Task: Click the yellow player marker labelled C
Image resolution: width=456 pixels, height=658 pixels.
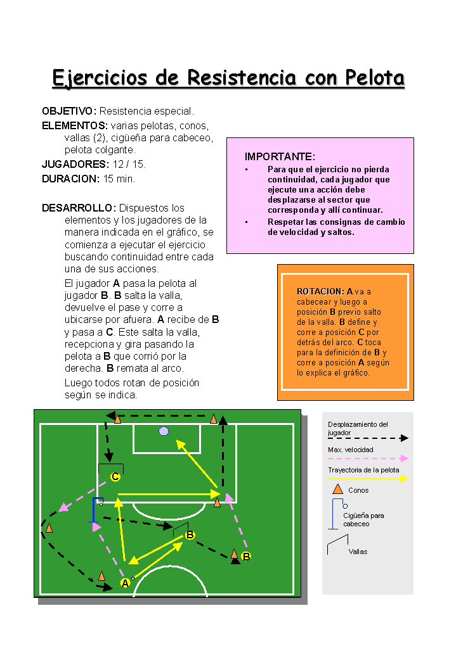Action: point(115,477)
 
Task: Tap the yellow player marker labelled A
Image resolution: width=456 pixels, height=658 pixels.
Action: point(125,583)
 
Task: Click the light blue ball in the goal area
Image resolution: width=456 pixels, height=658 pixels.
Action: point(164,431)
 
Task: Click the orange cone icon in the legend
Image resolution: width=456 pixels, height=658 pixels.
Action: point(337,489)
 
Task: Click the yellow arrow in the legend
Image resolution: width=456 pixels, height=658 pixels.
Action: point(368,479)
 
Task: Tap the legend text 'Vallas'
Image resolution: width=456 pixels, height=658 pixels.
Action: point(358,552)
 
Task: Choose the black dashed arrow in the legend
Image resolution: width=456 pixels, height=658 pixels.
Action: point(368,438)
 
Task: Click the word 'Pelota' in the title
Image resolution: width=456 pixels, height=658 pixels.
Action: point(375,78)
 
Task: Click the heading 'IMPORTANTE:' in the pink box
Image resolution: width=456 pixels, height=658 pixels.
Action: point(280,156)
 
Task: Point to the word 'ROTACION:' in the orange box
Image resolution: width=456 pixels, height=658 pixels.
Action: point(320,291)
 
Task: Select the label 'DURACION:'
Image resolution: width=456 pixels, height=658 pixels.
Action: point(70,179)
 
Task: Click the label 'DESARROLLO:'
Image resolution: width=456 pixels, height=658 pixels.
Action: point(79,208)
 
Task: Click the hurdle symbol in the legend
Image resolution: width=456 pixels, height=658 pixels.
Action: point(338,543)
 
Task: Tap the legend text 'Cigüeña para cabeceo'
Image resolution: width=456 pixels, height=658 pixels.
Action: point(363,520)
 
